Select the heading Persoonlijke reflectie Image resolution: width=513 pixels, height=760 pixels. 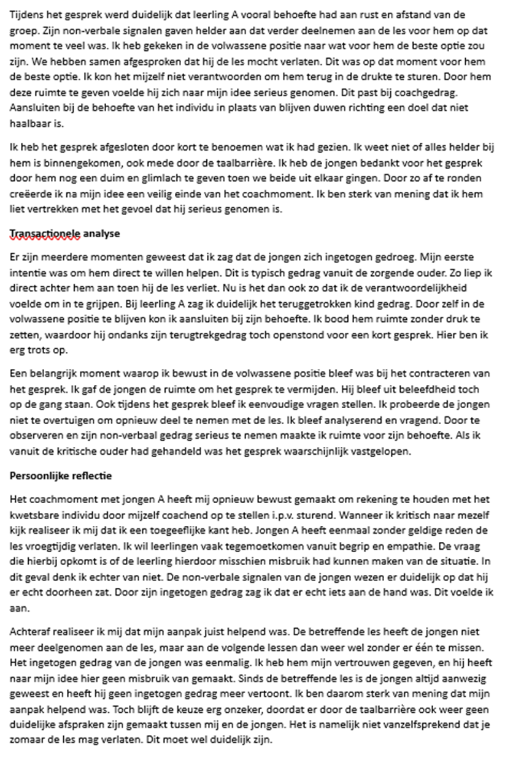click(60, 476)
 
